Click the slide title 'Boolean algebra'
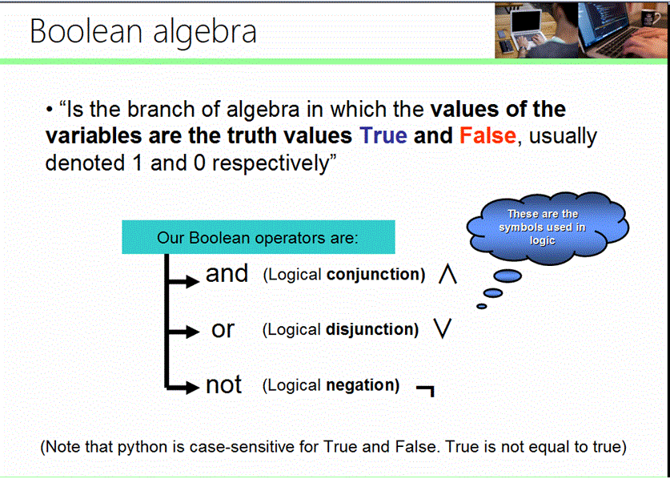[143, 31]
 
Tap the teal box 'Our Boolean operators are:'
[258, 238]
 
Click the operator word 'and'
[227, 274]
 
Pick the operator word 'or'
[223, 329]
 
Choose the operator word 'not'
[223, 384]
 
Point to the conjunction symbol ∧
[447, 276]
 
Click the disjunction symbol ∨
[440, 330]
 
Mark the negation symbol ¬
[426, 390]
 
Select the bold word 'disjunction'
[372, 330]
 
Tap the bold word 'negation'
[363, 385]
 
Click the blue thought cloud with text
[542, 227]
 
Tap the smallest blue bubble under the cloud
[481, 305]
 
